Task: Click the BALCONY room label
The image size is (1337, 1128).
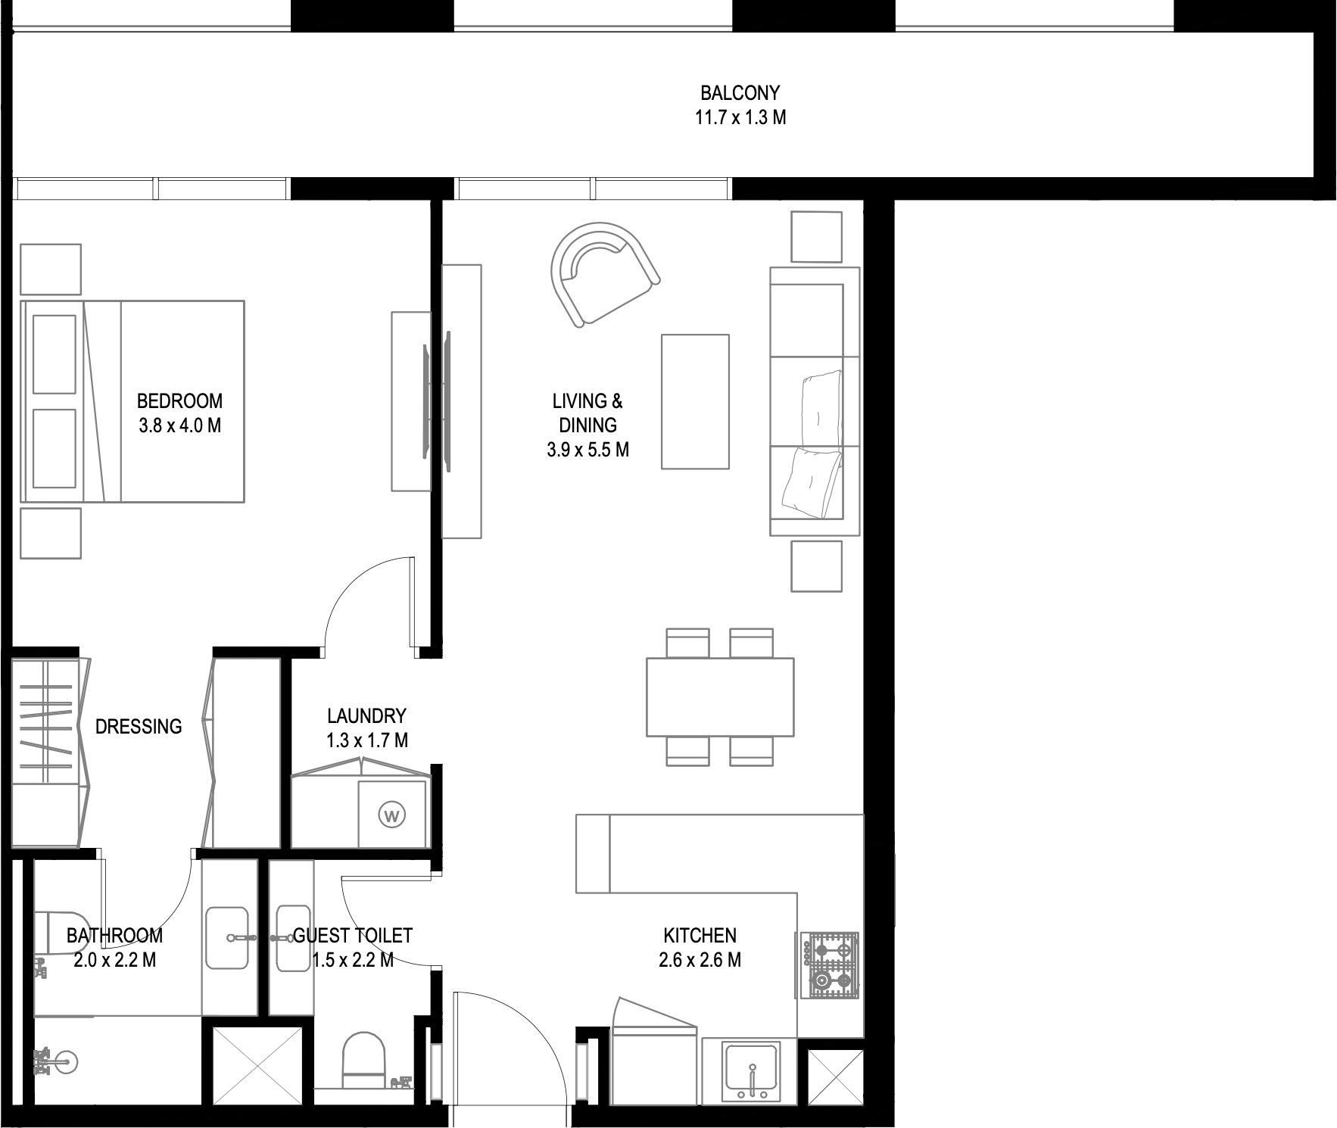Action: click(740, 93)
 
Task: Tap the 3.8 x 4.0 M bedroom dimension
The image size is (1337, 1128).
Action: click(180, 425)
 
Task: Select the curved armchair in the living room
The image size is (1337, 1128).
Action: click(603, 274)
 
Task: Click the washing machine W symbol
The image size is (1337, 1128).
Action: click(391, 815)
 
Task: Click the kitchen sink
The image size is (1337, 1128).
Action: click(751, 1072)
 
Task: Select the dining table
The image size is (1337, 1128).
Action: click(720, 697)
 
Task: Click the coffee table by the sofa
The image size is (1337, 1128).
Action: click(695, 402)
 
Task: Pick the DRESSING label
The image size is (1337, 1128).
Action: click(139, 727)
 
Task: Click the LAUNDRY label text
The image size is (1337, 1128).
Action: click(366, 716)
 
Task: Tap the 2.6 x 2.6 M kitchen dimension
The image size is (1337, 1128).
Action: click(700, 960)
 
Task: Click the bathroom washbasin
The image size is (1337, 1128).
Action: click(227, 939)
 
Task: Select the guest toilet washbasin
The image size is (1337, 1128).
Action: click(292, 938)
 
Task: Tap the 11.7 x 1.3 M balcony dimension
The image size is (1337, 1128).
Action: click(740, 117)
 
